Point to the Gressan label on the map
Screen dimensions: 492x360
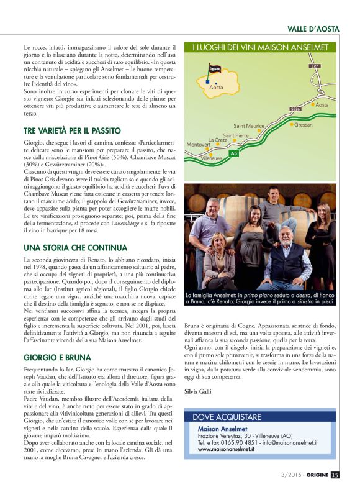pyautogui.click(x=303, y=124)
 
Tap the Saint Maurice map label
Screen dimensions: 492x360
pyautogui.click(x=249, y=126)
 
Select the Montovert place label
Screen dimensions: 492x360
pyautogui.click(x=199, y=145)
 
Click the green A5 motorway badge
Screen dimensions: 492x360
pyautogui.click(x=233, y=152)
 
